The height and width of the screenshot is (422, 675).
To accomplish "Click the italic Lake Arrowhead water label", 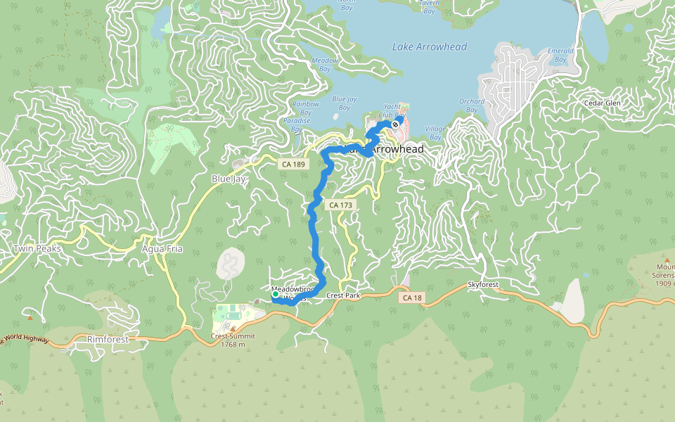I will pos(429,47).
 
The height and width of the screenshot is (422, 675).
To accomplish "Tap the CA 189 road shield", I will pos(292,164).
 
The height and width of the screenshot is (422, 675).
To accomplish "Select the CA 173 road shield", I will pos(340,205).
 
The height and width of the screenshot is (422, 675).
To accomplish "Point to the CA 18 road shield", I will pos(413,298).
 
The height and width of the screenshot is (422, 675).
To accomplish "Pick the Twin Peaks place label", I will pos(37,249).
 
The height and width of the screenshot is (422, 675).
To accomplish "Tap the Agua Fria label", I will pos(162,249).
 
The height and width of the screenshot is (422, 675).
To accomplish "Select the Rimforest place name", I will pos(109,339).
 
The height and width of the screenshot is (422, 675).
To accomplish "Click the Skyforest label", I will pos(483,285).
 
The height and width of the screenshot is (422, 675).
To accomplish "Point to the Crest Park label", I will pos(343,296).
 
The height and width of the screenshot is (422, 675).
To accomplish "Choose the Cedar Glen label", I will pos(603,103).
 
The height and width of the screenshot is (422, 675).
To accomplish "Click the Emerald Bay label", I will pos(560,55).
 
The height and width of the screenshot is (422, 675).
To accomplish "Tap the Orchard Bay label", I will pos(472,105).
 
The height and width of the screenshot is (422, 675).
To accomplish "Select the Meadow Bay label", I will pos(325,64).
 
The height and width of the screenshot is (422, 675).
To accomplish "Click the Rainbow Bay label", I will pos(305,108).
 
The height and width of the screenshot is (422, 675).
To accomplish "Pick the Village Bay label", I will pos(436,133).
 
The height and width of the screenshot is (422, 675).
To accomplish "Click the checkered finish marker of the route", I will pos(396,124).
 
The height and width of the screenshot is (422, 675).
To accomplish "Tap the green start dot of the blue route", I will pos(275,295).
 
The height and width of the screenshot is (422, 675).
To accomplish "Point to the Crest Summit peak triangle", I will pos(233,328).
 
